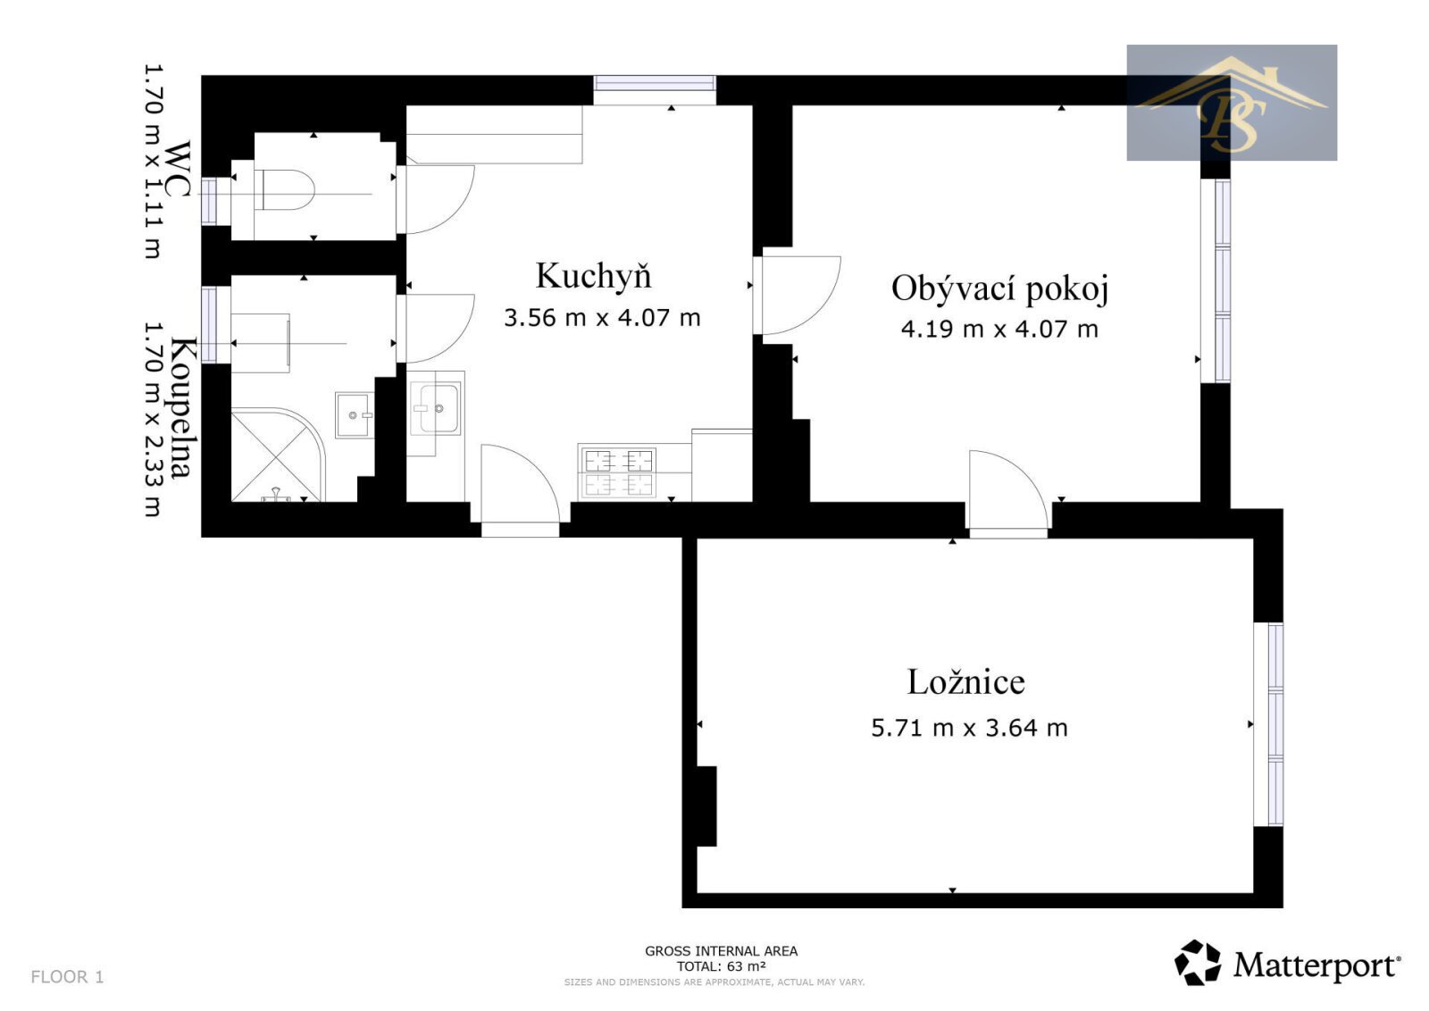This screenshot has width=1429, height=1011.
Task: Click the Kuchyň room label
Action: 593,276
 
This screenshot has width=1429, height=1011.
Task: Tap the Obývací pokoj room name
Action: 999,288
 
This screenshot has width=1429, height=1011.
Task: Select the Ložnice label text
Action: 965,681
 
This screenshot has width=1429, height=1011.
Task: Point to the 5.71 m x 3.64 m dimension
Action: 969,728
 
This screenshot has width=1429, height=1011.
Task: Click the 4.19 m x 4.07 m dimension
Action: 999,330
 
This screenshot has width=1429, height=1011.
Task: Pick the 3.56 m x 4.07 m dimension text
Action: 602,318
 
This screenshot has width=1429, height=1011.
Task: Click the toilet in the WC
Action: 285,189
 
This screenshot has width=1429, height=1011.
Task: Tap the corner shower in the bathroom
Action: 278,455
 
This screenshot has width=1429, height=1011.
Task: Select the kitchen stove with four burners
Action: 618,472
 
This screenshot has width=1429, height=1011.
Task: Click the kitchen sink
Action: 436,407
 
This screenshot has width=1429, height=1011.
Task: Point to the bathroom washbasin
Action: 354,414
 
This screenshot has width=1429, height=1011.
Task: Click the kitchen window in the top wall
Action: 655,84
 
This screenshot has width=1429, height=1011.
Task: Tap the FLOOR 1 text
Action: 67,976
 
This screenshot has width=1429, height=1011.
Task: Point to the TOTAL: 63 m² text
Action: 721,965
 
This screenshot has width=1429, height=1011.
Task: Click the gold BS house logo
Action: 1232,102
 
